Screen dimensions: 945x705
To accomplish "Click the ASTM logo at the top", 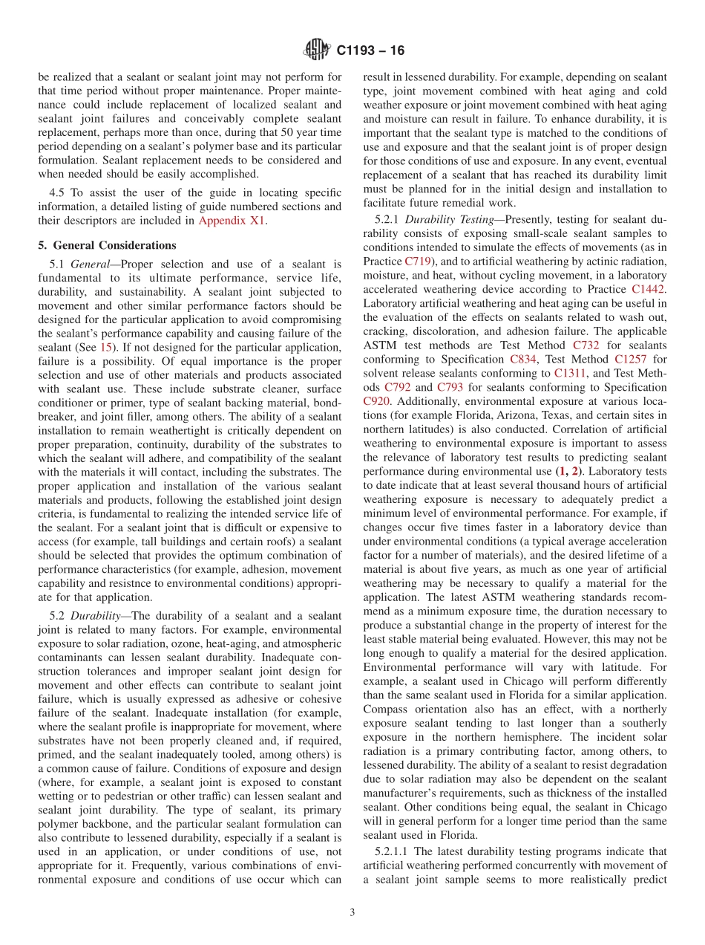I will point(318,51).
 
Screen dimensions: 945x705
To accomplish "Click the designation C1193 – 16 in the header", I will point(370,51).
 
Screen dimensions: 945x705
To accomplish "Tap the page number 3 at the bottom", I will point(352,912).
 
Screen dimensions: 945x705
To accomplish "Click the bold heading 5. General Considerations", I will point(107,245).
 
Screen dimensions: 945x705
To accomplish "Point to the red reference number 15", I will point(106,346).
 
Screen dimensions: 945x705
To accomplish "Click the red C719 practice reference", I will point(417,262).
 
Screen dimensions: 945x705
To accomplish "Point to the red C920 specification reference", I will point(376,401).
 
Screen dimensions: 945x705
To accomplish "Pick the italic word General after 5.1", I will point(92,263).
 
